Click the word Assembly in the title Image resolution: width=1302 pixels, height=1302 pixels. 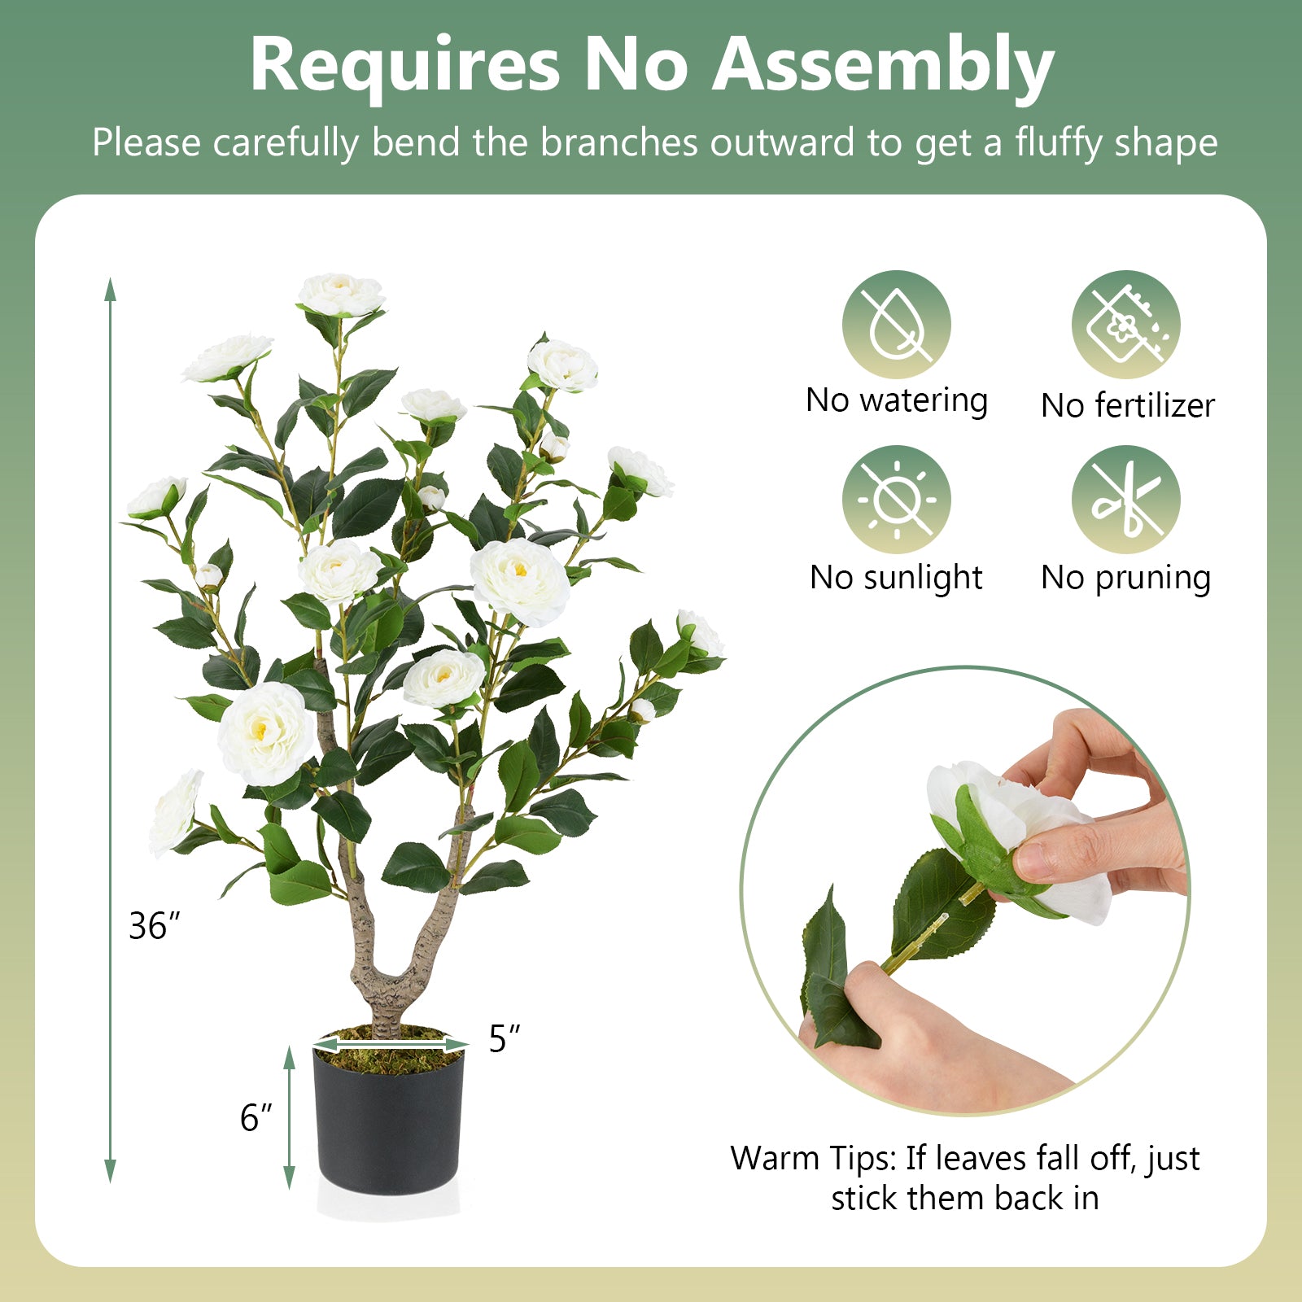[x=883, y=65]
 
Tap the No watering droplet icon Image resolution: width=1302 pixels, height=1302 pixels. [x=896, y=325]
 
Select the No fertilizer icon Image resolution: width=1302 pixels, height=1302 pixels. [x=1125, y=325]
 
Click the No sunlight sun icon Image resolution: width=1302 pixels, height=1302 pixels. [x=896, y=500]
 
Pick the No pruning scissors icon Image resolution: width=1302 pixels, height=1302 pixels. [x=1125, y=500]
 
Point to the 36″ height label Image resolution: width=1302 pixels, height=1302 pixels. [x=154, y=926]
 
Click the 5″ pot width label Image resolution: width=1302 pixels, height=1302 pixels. [x=504, y=1038]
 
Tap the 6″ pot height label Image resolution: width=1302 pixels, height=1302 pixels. [x=256, y=1118]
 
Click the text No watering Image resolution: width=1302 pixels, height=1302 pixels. [x=896, y=400]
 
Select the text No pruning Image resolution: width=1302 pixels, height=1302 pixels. [x=1125, y=578]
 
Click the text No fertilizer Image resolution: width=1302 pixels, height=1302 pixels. [x=1127, y=405]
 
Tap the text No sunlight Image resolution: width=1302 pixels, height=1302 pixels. [x=896, y=578]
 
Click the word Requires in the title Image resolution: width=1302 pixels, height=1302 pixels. [x=404, y=65]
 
